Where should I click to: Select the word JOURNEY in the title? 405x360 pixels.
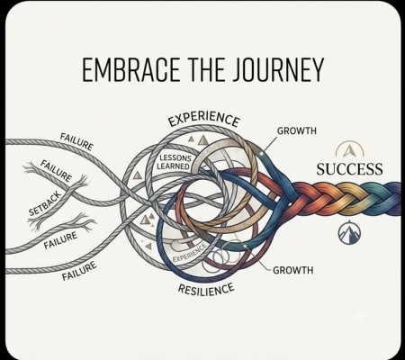tap(279, 70)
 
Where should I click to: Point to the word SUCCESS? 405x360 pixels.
tap(349, 169)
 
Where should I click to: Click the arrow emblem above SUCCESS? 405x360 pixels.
tap(349, 149)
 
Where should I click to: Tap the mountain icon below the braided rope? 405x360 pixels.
tap(349, 233)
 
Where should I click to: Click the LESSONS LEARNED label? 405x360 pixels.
tap(174, 162)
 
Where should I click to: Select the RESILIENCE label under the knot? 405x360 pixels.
tap(206, 289)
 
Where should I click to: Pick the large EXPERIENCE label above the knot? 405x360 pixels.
tap(204, 119)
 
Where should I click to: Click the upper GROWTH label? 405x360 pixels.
tap(297, 130)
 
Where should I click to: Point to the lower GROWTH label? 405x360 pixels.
tap(293, 270)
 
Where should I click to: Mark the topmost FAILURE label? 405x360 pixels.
tap(76, 141)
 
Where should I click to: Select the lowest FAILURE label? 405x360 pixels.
tap(79, 271)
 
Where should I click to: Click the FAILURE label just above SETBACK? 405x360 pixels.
tap(57, 171)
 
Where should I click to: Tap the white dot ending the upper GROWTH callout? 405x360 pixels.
tap(262, 154)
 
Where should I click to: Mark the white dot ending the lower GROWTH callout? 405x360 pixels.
tap(245, 247)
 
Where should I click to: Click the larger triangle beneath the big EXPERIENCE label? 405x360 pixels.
tap(203, 140)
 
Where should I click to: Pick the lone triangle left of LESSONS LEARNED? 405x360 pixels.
tap(138, 175)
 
